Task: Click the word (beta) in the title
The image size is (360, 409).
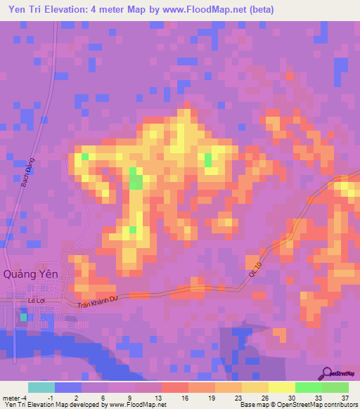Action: [257, 10]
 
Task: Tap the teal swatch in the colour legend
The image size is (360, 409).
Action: [41, 387]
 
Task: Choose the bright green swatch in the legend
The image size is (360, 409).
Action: [309, 387]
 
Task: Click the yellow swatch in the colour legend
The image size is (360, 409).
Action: [282, 387]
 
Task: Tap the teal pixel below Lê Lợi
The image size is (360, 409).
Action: [24, 318]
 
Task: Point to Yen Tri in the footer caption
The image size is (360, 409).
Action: [14, 405]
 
